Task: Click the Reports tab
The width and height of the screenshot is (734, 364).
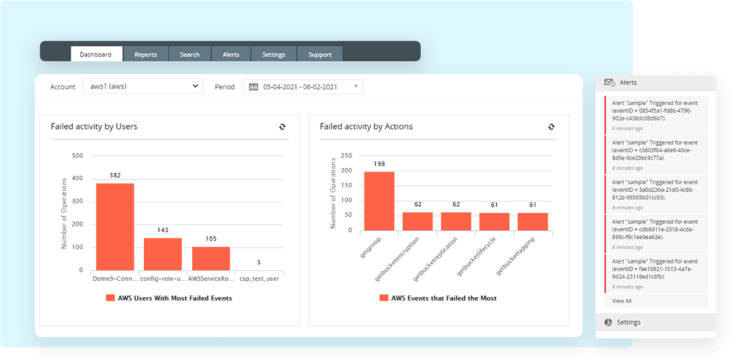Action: coord(146,54)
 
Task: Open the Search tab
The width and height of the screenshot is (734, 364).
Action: coord(190,54)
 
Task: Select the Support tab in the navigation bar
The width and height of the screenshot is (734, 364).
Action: coord(320,54)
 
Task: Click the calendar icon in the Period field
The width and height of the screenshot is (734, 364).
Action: coord(254,87)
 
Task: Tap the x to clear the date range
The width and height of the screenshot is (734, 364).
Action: coord(356,86)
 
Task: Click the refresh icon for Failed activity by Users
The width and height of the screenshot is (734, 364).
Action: coord(282,127)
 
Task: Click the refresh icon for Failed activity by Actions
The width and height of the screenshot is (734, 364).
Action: coord(551,127)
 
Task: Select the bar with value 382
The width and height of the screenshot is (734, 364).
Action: coord(115,226)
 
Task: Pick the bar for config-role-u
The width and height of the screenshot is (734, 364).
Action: coord(163,254)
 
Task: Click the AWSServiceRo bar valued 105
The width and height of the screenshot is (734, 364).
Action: coord(211,258)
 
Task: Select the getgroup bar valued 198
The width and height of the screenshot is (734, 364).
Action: coord(379,201)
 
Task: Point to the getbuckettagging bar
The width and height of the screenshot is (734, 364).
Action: coord(533,221)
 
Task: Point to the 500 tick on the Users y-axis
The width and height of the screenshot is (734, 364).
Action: coord(78,155)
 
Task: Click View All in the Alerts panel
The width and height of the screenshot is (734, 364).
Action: coord(621,301)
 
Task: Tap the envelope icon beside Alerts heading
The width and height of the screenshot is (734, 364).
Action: coord(609,83)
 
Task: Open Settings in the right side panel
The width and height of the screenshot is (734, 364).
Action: coord(628,322)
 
